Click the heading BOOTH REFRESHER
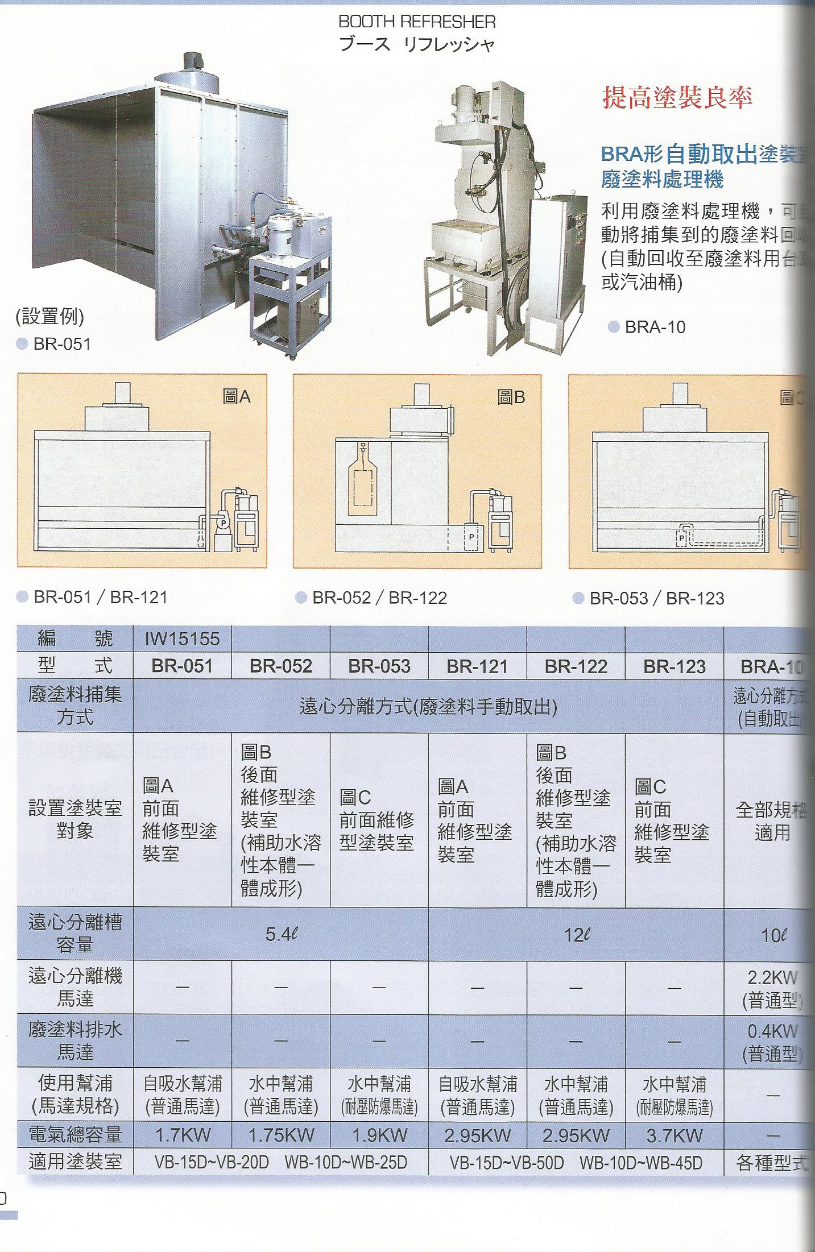(x=417, y=22)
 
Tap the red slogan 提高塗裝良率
(x=677, y=98)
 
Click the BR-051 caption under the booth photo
(x=61, y=344)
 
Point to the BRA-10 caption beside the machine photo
(x=655, y=327)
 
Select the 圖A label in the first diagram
(x=237, y=397)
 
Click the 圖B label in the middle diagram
(x=511, y=397)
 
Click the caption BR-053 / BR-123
(x=656, y=598)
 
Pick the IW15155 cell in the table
(x=182, y=639)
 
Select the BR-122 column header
(x=576, y=666)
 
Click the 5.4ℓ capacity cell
(x=281, y=934)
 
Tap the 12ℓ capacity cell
(x=576, y=934)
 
